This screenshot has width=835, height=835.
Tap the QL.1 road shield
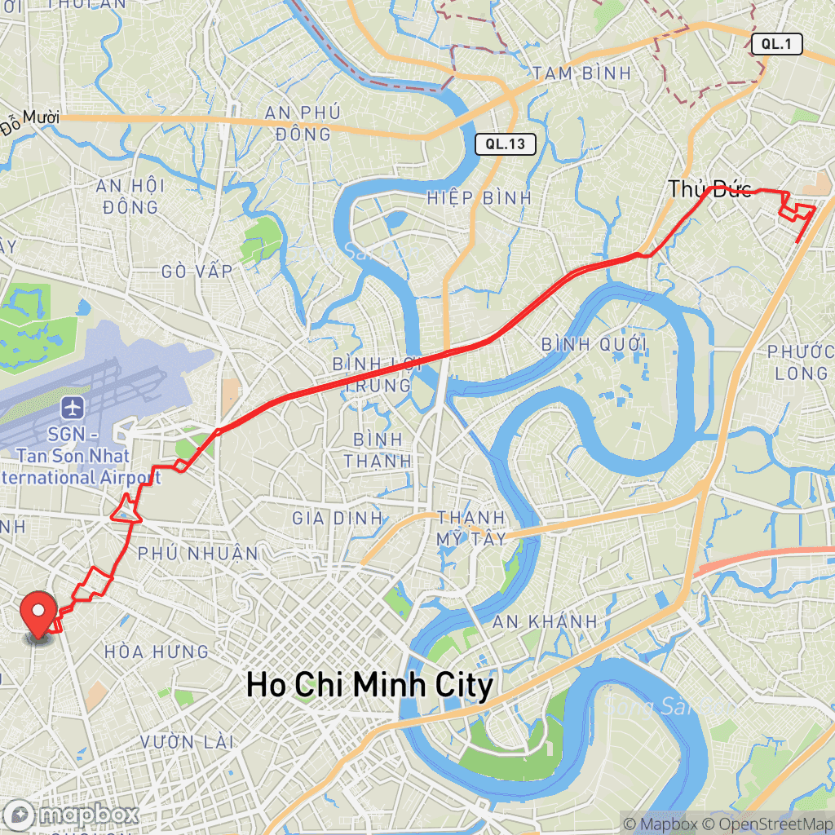(x=776, y=45)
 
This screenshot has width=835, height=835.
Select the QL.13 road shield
(x=506, y=144)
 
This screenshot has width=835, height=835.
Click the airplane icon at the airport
(x=73, y=405)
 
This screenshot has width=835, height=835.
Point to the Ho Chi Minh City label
(x=369, y=685)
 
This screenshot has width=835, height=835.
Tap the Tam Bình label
(x=582, y=73)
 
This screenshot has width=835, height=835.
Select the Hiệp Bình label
(x=479, y=197)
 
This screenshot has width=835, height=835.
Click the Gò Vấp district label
(x=197, y=271)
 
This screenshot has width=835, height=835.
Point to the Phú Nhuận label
(x=197, y=554)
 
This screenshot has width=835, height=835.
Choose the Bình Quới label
(x=594, y=344)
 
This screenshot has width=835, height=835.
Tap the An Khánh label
(x=544, y=621)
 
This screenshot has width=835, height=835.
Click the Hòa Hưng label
(x=157, y=652)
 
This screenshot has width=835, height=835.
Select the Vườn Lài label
(x=188, y=742)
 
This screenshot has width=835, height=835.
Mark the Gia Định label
(x=337, y=518)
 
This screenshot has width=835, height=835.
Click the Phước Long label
(x=797, y=362)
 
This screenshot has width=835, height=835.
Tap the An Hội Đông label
(x=130, y=197)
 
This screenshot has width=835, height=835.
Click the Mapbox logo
(x=72, y=814)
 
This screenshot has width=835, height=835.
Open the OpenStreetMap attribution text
(x=771, y=824)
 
